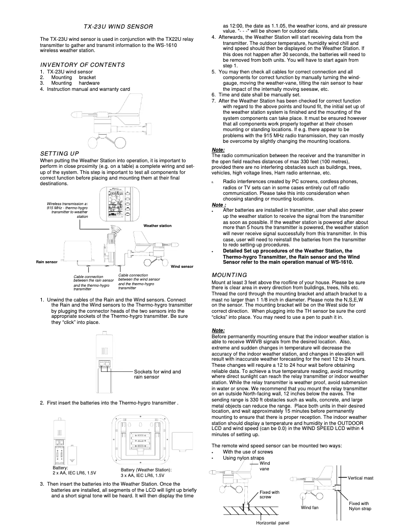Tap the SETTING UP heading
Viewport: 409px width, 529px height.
tap(59, 154)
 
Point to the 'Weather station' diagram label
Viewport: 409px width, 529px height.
tap(157, 225)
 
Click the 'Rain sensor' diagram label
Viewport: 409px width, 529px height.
tap(46, 262)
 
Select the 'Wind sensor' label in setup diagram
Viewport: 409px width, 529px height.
tap(182, 267)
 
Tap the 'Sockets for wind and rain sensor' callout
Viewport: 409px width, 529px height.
tap(157, 374)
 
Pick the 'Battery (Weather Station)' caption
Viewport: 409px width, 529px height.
tap(146, 472)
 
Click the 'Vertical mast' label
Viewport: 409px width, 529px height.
tap(361, 478)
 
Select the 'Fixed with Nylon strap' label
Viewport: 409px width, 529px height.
tap(360, 506)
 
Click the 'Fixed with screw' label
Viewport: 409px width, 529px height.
tap(269, 494)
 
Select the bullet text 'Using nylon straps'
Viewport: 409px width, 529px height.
tap(244, 458)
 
